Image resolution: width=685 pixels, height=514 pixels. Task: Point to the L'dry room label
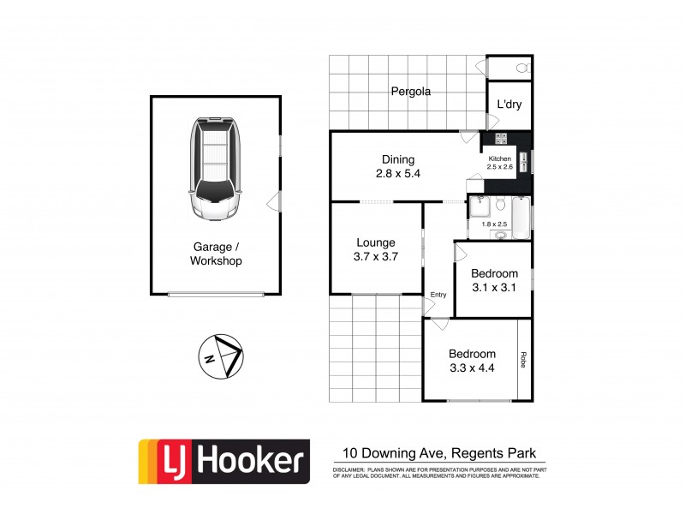pos(509,105)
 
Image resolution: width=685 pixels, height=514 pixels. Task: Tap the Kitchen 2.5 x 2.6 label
pos(500,163)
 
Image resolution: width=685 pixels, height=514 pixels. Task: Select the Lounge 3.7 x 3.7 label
pos(375,249)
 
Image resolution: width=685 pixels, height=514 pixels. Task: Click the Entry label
pos(438,295)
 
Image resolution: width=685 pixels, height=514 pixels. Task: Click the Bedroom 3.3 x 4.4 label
pos(472,361)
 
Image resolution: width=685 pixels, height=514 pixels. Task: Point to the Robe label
pos(521,361)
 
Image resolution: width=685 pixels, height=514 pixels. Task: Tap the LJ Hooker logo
pos(222,461)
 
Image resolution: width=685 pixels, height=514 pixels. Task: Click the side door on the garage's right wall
pos(273,201)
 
